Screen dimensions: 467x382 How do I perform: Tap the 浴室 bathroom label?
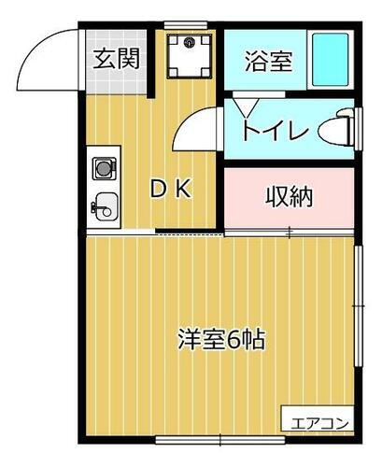pos(269,62)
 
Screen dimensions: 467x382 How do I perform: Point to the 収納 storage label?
pos(288,196)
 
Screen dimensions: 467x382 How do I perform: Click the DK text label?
pos(172,190)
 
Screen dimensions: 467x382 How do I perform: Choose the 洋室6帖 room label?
pos(221,338)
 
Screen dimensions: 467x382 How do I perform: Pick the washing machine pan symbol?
pos(190,53)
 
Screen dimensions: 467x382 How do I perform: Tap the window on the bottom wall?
pos(219,438)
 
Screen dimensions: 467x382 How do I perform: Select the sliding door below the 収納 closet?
pos(290,230)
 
